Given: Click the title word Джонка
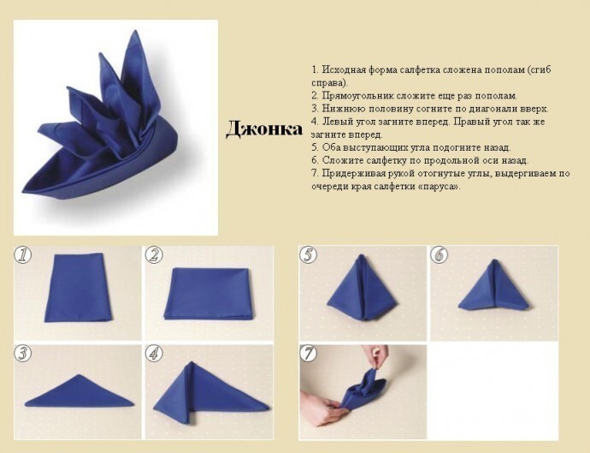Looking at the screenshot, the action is (x=264, y=129).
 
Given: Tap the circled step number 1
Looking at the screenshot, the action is (x=22, y=255).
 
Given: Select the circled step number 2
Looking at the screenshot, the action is (x=154, y=255).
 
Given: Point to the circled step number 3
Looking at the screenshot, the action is (x=22, y=354).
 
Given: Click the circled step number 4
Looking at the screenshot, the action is (x=154, y=354).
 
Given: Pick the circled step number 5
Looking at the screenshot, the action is (x=308, y=255).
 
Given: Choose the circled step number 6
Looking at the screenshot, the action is (x=440, y=255).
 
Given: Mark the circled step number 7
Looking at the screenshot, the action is (x=308, y=354).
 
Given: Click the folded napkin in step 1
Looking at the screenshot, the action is (x=79, y=288).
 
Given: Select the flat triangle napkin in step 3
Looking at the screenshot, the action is (x=80, y=390).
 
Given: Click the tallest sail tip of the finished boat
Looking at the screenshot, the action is (x=134, y=32).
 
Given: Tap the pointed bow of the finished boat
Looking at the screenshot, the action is (x=23, y=190).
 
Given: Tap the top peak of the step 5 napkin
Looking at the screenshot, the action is (x=362, y=255).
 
